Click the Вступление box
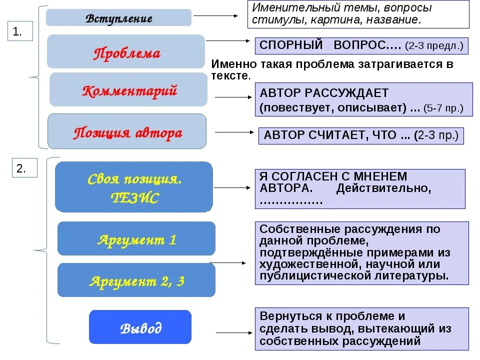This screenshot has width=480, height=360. coord(118,18)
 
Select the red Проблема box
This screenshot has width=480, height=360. coord(126,52)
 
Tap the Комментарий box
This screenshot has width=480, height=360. coord(128,90)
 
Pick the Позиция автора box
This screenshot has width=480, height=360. coord(127,132)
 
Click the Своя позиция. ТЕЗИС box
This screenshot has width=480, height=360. coord(133,187)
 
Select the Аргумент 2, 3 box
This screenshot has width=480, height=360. coord(136,280)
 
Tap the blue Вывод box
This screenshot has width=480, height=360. coord(140,327)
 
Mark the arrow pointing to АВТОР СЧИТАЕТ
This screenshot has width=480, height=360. coord(234,132)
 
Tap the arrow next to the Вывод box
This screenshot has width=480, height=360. coord(234,332)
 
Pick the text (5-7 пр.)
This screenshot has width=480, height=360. coord(443,108)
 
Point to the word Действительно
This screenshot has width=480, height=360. coord(383,188)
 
